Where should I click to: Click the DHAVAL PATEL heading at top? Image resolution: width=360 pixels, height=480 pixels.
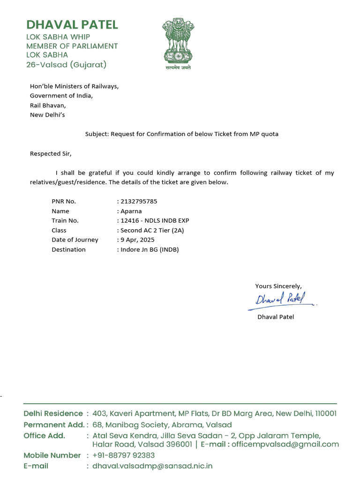click(x=72, y=24)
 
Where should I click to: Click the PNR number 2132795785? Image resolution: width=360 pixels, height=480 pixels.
click(x=139, y=202)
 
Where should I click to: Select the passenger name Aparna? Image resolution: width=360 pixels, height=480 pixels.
click(x=132, y=211)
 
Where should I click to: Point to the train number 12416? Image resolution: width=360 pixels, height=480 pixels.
click(x=129, y=221)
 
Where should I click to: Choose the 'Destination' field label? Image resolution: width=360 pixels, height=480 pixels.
click(x=68, y=249)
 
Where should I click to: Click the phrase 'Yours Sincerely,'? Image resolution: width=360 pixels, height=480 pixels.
click(x=278, y=286)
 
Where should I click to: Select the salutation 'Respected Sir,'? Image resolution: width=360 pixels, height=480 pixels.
click(x=51, y=153)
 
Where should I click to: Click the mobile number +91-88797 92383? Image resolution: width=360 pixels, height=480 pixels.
click(x=124, y=455)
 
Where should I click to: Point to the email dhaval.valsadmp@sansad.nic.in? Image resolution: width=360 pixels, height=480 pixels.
click(x=153, y=466)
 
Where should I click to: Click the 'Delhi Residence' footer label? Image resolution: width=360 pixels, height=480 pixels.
click(x=53, y=413)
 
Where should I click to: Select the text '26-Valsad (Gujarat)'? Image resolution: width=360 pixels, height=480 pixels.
click(x=66, y=65)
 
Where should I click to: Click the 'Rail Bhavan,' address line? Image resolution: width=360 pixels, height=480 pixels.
click(x=48, y=105)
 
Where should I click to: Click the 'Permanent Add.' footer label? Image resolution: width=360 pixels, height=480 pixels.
click(x=54, y=425)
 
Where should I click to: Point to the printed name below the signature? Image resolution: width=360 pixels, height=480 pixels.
click(x=276, y=317)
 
